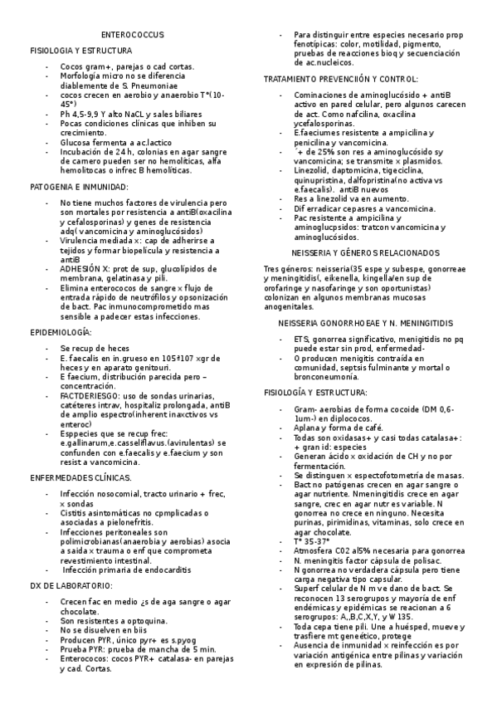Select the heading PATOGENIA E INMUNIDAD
[x=79, y=188]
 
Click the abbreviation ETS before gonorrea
[x=300, y=339]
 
